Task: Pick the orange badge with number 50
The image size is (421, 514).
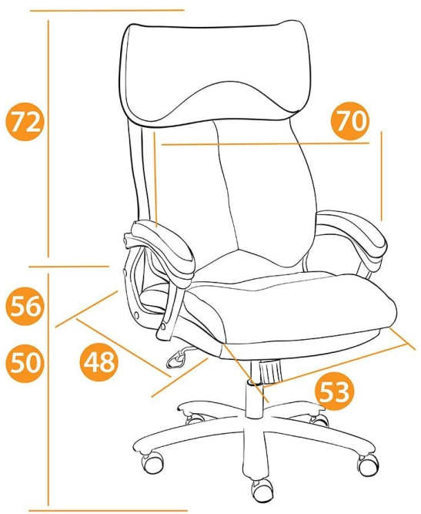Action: point(25,363)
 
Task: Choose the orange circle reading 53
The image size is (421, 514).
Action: point(333,392)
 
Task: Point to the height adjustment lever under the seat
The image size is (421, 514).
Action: point(179,357)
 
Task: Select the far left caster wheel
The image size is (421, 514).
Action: point(152,463)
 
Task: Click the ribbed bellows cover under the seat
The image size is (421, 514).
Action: point(271,371)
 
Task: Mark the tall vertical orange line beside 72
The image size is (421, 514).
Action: point(48,139)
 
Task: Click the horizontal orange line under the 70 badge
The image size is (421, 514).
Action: point(266,143)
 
